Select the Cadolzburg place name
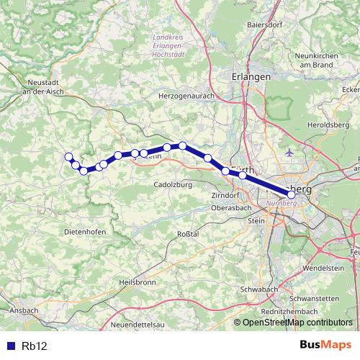tap(171, 184)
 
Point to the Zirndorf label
tap(224, 195)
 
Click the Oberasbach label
tap(231, 207)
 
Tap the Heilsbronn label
tap(138, 282)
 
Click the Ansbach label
tap(24, 310)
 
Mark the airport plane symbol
tap(289, 153)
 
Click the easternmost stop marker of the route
tap(291, 194)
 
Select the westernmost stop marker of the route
tap(68, 157)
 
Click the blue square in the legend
tap(9, 346)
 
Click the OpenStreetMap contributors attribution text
tap(298, 323)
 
